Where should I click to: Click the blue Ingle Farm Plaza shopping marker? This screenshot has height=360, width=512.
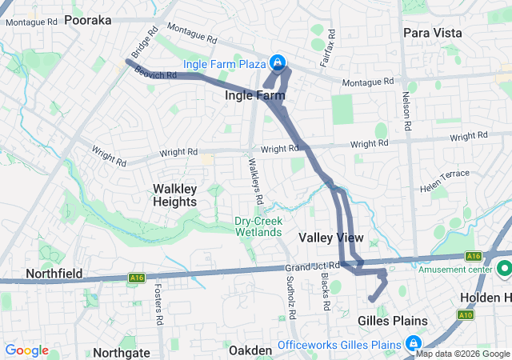(x=278, y=62)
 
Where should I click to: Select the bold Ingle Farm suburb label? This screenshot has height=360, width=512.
(x=254, y=96)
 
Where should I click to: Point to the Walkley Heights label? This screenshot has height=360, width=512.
(x=174, y=195)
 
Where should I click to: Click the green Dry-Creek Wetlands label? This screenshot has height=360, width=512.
(x=258, y=226)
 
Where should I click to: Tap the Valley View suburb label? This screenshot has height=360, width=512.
(x=330, y=238)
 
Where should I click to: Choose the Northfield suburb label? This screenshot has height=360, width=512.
(x=54, y=274)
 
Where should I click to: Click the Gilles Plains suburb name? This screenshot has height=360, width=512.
(x=391, y=321)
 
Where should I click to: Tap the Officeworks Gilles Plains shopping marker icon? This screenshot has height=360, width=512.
(x=414, y=345)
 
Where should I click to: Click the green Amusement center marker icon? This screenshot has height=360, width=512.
(x=504, y=268)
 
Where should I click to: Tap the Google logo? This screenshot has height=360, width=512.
(x=27, y=350)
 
